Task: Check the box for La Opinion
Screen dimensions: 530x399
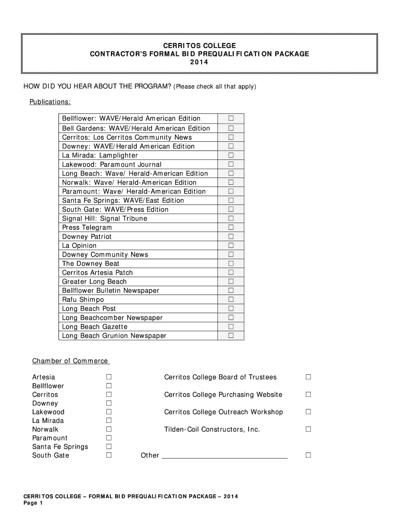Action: tap(231, 245)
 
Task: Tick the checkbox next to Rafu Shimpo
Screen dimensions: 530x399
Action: tap(231, 300)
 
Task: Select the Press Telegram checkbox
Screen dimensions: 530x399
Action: tap(231, 227)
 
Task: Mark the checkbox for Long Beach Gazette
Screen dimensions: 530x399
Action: tap(231, 327)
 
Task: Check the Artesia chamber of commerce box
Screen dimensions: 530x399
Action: tap(109, 377)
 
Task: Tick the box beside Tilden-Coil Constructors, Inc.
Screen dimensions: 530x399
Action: tap(308, 429)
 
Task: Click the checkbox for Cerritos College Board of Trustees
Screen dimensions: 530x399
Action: tap(308, 377)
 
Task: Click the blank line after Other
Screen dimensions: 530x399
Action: tap(225, 455)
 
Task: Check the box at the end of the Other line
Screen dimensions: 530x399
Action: tap(308, 455)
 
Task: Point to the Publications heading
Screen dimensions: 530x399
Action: tap(50, 101)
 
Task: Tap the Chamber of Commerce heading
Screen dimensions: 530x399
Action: tap(70, 361)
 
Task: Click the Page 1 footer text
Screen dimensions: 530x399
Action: tap(33, 504)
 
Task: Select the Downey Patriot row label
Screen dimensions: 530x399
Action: tap(87, 237)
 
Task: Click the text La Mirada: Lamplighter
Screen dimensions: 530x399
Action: tap(100, 155)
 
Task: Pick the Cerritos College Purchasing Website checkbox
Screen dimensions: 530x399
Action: tap(308, 394)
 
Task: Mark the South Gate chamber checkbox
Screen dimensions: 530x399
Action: tap(109, 455)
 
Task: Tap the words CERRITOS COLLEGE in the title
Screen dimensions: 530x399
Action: tap(199, 46)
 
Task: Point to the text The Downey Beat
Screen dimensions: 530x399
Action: tap(91, 263)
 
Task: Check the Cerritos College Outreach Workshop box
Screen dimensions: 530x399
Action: tap(308, 412)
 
